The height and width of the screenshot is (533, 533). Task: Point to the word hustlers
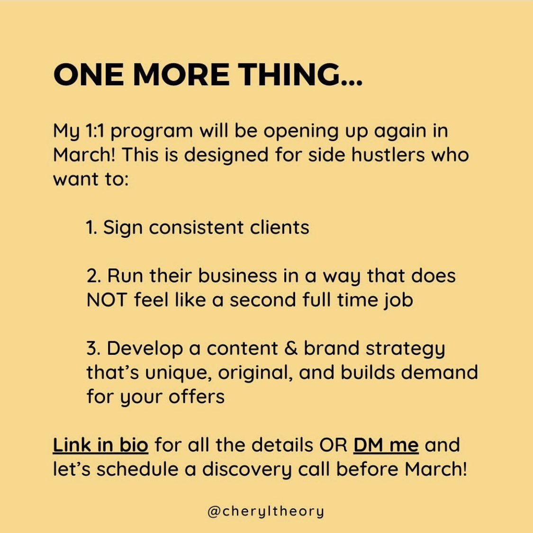click(x=388, y=154)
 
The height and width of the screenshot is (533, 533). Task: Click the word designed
click(x=226, y=155)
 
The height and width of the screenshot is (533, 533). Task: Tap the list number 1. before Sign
click(x=92, y=227)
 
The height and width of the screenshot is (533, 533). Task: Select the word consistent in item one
click(x=196, y=227)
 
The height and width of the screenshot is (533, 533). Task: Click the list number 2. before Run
click(x=94, y=276)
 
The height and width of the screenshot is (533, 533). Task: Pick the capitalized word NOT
click(x=107, y=300)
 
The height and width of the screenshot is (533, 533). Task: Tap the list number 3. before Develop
click(x=93, y=348)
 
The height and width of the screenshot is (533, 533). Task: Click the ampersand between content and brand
click(x=290, y=348)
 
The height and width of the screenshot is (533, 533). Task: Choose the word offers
click(x=197, y=397)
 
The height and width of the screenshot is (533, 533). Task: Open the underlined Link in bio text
click(x=100, y=445)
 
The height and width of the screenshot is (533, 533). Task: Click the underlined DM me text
click(x=386, y=445)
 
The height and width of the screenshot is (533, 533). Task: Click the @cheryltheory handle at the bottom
click(x=265, y=512)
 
